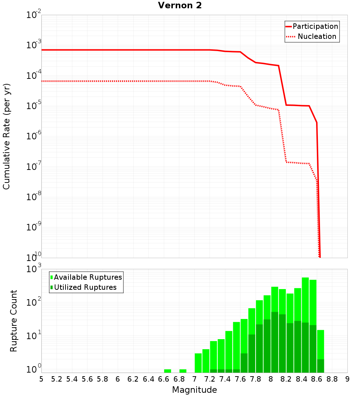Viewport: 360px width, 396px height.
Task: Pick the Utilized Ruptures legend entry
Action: [84, 287]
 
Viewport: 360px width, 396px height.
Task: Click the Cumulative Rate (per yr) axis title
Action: [6, 136]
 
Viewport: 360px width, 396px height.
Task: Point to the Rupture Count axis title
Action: [14, 321]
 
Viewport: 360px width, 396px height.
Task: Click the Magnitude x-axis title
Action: [194, 390]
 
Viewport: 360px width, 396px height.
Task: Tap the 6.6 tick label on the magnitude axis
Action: [164, 379]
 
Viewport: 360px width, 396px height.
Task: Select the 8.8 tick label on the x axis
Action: [332, 379]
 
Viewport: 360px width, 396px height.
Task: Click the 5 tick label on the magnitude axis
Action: [41, 379]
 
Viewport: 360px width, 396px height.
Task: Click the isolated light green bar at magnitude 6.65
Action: [167, 371]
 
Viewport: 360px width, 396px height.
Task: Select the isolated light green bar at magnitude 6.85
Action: [183, 371]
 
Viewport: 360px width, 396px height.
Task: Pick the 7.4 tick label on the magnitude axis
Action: [225, 379]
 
